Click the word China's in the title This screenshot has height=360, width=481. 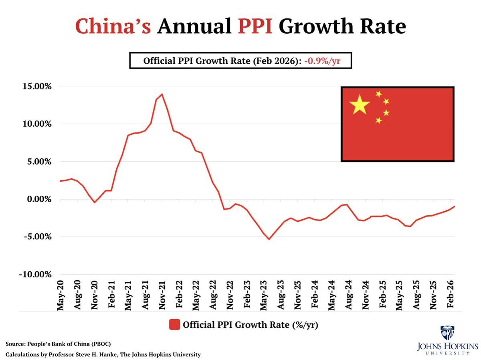pyautogui.click(x=113, y=27)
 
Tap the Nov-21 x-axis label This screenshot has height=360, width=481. pyautogui.click(x=162, y=295)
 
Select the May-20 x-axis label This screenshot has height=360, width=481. pyautogui.click(x=61, y=295)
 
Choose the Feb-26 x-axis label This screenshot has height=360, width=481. pyautogui.click(x=451, y=295)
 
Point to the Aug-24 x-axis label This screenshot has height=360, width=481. pyautogui.click(x=348, y=295)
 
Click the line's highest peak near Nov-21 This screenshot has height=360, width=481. pyautogui.click(x=162, y=94)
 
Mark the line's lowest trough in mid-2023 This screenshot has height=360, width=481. pyautogui.click(x=269, y=239)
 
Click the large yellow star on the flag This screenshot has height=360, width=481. pyautogui.click(x=359, y=104)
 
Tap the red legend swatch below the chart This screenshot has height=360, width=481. pyautogui.click(x=174, y=324)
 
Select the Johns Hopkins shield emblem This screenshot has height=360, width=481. pyautogui.click(x=447, y=333)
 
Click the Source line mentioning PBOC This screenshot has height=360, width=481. pyautogui.click(x=58, y=344)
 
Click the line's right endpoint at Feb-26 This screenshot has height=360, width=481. pyautogui.click(x=455, y=206)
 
